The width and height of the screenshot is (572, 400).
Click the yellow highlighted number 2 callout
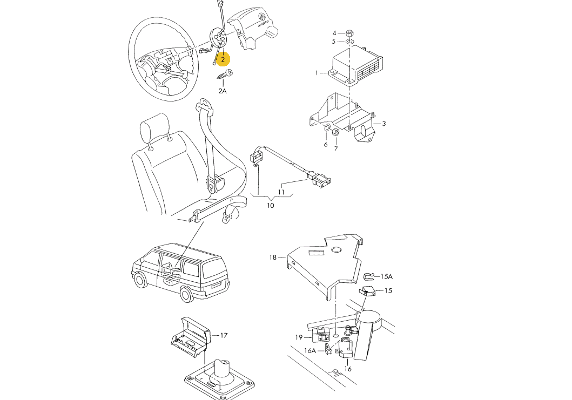[x=223, y=59]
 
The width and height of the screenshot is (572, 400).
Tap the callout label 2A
[x=222, y=91]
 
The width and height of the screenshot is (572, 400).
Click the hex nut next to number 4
[x=349, y=33]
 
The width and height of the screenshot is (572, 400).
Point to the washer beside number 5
[x=349, y=41]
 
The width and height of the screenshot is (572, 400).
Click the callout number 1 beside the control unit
[x=317, y=73]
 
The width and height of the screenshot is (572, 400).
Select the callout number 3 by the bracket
[x=384, y=124]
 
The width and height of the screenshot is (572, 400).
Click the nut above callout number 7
[x=336, y=131]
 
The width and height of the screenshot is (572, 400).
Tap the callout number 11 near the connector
[x=281, y=192]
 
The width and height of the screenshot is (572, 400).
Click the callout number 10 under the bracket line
[x=270, y=206]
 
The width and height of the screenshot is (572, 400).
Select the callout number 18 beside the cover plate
[x=273, y=257]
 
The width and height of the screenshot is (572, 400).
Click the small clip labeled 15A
[x=368, y=277]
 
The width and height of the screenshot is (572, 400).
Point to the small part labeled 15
[x=367, y=291]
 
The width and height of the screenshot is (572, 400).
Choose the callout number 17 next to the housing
[x=224, y=335]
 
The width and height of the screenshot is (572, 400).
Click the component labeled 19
[x=321, y=334]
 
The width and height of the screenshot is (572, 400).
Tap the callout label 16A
[x=309, y=351]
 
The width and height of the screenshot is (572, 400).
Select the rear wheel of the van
[x=187, y=293]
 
